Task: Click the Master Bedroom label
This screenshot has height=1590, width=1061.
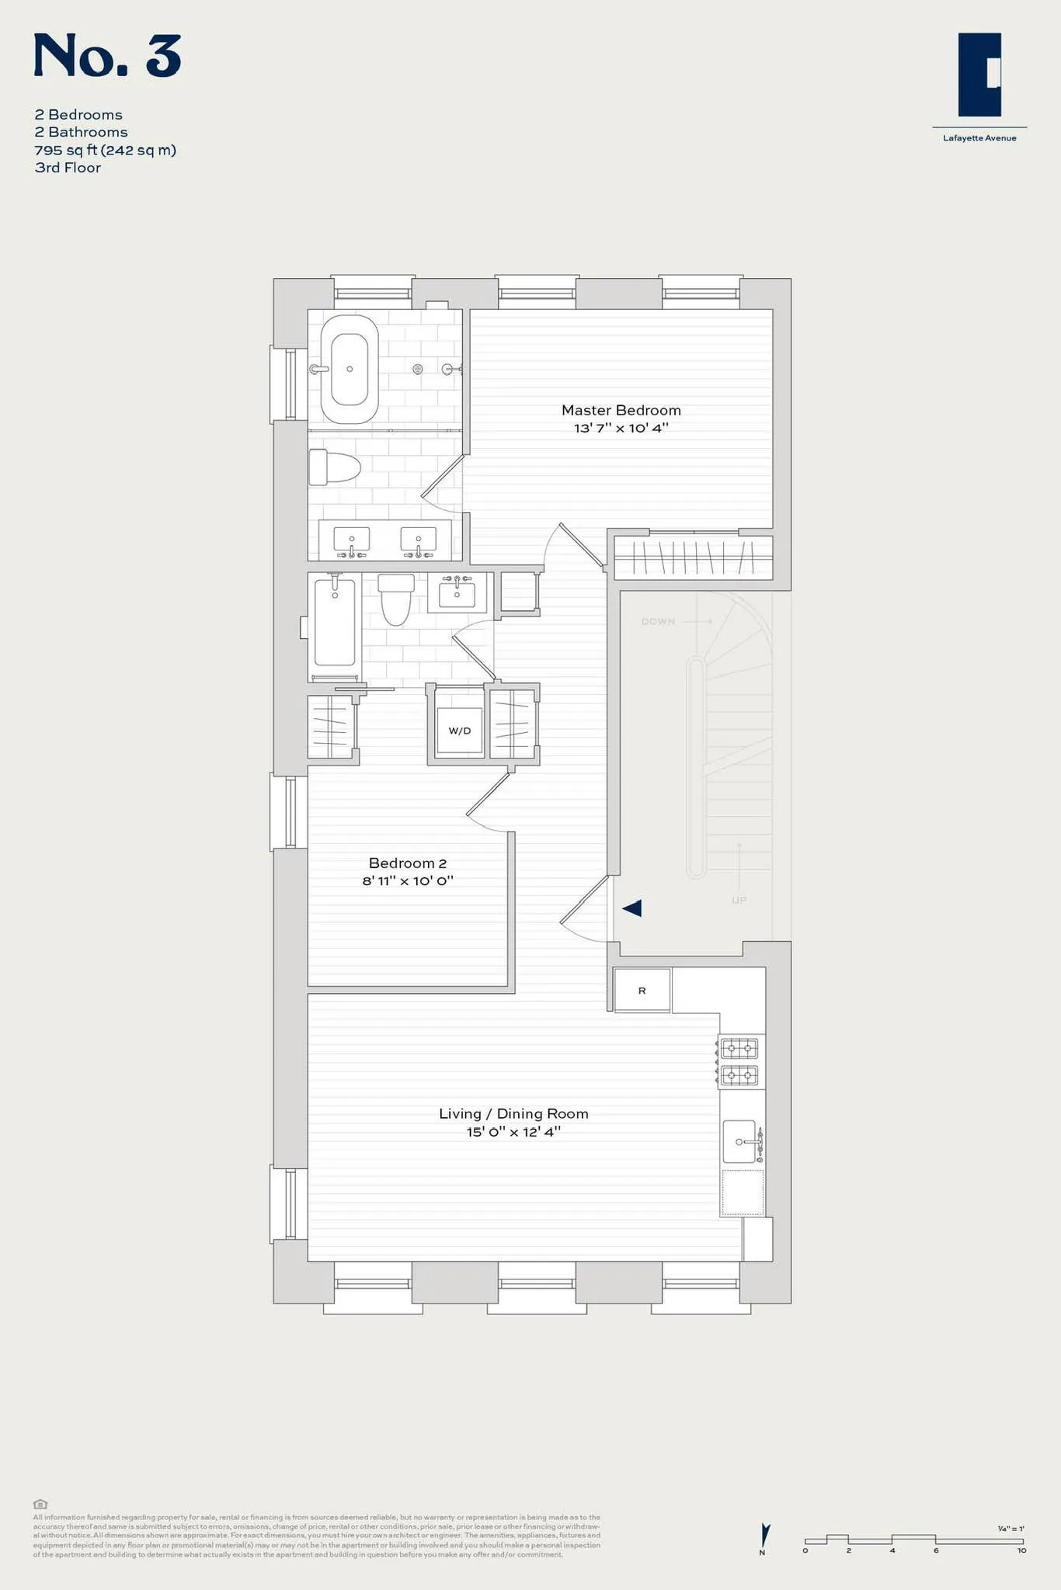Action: click(621, 410)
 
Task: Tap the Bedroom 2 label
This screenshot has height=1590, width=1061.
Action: click(407, 863)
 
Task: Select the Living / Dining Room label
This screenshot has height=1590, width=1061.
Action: click(513, 1113)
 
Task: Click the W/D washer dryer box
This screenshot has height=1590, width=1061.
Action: click(459, 731)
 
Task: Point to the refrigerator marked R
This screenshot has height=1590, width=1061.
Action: click(642, 990)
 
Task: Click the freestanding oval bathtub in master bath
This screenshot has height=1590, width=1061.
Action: click(350, 370)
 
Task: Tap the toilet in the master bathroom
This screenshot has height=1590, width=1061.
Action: click(334, 467)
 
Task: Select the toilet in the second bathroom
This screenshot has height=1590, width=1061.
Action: click(396, 599)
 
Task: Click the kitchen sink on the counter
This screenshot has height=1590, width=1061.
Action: click(739, 1141)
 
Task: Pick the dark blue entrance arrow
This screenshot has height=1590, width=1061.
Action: click(631, 908)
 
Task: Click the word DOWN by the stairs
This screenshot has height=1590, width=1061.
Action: click(658, 622)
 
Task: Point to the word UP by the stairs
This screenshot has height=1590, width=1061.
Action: click(739, 901)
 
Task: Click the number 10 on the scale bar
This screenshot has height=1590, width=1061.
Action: click(1021, 1550)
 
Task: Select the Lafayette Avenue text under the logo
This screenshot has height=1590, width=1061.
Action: click(979, 138)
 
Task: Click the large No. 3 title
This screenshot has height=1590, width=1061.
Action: click(107, 56)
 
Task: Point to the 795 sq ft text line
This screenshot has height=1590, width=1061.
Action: click(106, 150)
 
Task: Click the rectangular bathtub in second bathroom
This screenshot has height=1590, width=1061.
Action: click(335, 622)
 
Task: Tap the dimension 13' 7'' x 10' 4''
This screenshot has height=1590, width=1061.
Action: click(621, 428)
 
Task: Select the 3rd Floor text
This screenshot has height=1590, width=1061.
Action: click(68, 168)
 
